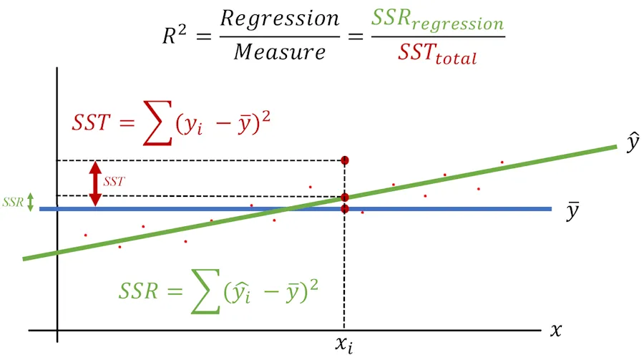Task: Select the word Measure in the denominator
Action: coord(280,52)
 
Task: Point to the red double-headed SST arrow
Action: coord(94,183)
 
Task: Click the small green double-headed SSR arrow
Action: coord(30,203)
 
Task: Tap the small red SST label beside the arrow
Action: coord(113,183)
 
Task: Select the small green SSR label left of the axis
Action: coord(13,203)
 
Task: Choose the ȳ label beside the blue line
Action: coord(572,212)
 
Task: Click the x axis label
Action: coord(555,330)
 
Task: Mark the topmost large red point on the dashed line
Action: coord(345,160)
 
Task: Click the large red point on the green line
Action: coord(345,197)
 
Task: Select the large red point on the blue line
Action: coord(345,209)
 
